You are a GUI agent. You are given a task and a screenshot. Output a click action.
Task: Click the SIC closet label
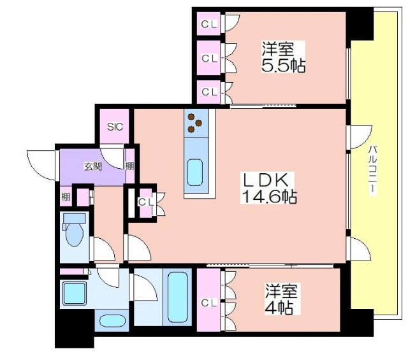115,127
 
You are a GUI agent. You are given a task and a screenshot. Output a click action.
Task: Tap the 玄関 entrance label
92,166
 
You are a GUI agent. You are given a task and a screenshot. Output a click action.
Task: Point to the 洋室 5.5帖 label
283,57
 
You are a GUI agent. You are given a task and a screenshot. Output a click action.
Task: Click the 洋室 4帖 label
281,299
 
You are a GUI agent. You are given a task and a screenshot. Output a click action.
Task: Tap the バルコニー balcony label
372,169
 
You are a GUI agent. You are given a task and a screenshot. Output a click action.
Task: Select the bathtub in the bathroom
178,297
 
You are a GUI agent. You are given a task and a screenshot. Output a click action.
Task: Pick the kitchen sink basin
195,172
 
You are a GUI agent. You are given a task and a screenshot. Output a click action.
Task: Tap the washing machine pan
75,293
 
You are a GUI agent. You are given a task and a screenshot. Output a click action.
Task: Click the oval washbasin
112,322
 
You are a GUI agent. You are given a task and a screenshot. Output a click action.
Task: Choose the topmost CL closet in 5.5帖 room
209,24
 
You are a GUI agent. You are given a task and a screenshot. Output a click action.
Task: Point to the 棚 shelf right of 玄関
129,166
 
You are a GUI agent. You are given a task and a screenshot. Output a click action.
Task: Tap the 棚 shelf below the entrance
66,197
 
